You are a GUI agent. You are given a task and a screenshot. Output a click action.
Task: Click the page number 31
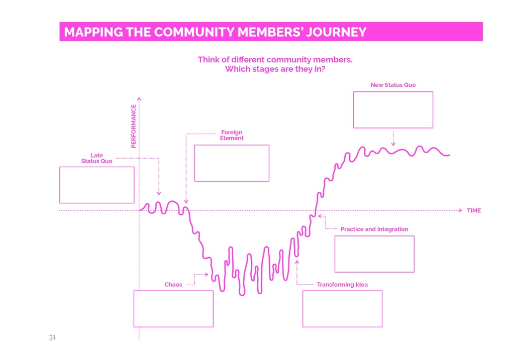[51, 337]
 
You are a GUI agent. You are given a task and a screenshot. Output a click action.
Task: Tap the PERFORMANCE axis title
[133, 126]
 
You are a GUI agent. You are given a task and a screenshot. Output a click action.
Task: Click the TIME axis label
[473, 211]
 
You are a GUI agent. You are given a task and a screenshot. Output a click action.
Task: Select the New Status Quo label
[393, 85]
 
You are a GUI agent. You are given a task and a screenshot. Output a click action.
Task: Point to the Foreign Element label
[232, 135]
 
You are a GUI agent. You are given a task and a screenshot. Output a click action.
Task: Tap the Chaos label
[173, 285]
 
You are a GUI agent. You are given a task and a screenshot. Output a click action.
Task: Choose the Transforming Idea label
[342, 285]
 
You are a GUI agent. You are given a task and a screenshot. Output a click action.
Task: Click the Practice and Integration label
[374, 229]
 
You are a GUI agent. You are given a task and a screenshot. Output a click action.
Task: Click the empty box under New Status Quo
[393, 109]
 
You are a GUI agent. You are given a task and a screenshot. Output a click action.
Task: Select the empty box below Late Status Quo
[97, 185]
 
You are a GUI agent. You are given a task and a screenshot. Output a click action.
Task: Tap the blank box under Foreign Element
[232, 163]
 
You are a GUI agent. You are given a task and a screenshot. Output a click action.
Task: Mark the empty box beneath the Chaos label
[173, 309]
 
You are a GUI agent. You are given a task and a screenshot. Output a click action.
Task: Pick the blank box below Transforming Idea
[342, 309]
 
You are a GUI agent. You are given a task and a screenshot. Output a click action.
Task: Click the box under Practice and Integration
[374, 254]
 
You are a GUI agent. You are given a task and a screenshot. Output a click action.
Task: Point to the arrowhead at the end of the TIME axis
[460, 210]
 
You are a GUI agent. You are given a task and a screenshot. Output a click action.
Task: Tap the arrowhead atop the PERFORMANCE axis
[139, 98]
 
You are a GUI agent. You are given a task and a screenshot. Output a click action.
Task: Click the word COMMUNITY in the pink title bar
[193, 32]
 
